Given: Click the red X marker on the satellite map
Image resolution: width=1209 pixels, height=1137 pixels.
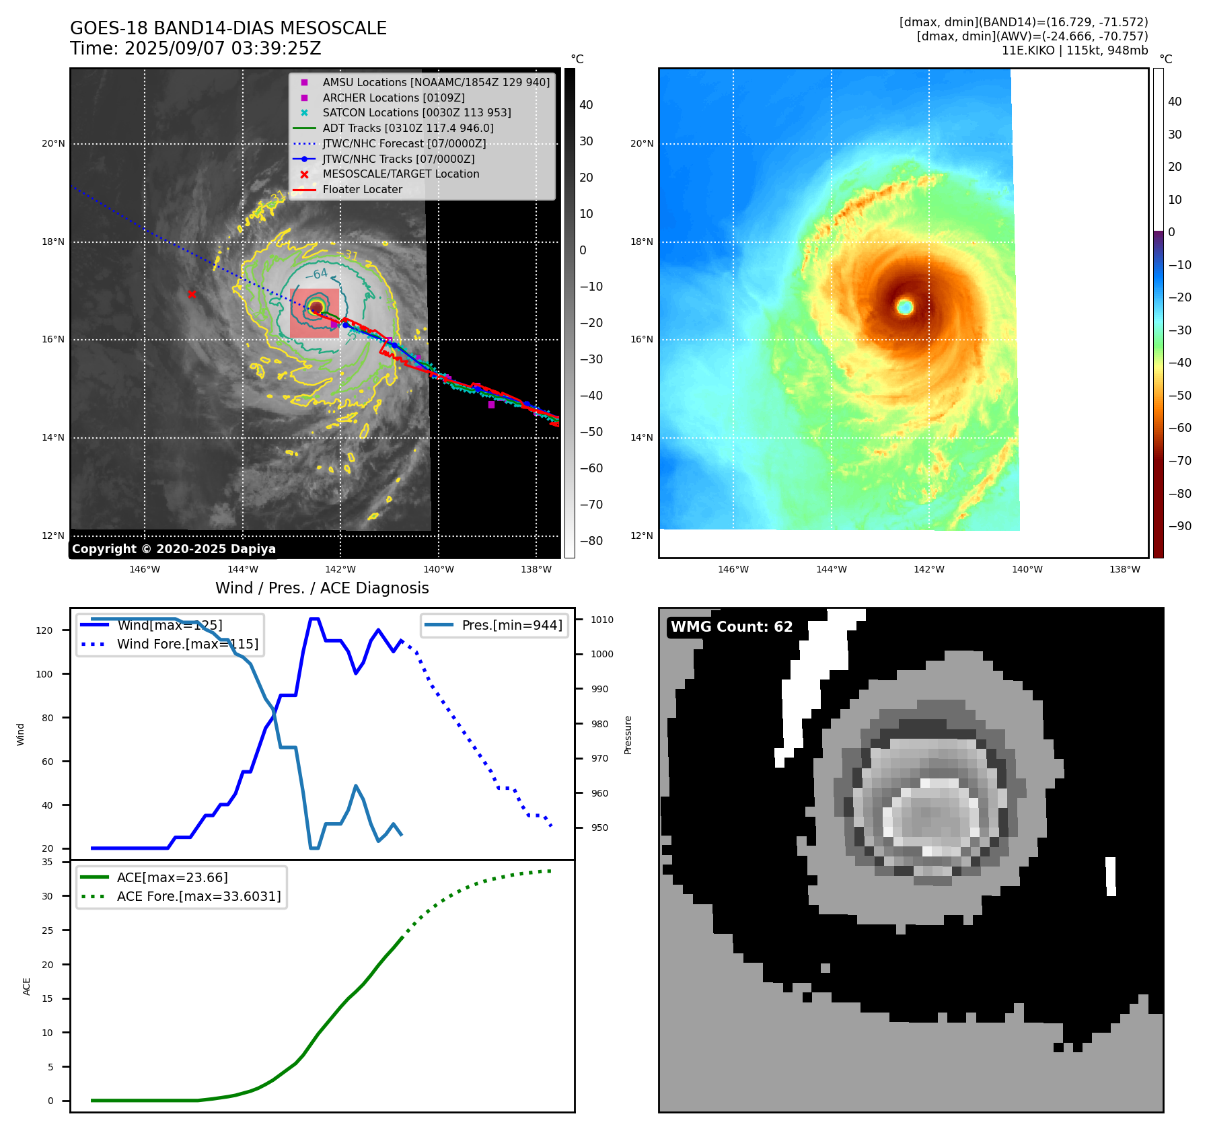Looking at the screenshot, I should click(192, 294).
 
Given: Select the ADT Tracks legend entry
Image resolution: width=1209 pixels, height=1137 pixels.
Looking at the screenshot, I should click(408, 128).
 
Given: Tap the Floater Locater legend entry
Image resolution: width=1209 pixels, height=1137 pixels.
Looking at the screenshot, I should click(362, 189).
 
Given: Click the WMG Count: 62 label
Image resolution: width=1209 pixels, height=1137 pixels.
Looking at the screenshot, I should click(731, 627).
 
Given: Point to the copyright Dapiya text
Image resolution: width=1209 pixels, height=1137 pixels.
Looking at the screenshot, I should click(174, 549).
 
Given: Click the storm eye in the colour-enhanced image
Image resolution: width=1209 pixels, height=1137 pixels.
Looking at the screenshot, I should click(905, 307).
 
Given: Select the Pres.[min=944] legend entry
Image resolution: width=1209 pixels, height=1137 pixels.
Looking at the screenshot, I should click(511, 625).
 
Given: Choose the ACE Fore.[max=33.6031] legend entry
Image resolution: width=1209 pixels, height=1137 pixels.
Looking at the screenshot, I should click(198, 896).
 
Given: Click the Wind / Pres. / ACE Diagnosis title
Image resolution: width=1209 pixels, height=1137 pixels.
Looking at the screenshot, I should click(322, 588).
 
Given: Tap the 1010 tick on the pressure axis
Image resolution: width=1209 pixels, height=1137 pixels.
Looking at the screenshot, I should click(602, 620).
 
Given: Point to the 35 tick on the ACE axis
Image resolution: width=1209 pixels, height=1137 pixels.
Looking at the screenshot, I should click(47, 862).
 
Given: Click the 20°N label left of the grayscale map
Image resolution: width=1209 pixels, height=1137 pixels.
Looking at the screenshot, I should click(53, 143).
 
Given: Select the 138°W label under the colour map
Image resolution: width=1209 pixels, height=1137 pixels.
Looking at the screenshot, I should click(1125, 569).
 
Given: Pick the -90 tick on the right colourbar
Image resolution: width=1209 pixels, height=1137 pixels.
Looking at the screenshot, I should click(1179, 526).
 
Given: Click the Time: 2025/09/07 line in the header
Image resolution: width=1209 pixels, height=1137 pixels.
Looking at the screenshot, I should click(195, 48).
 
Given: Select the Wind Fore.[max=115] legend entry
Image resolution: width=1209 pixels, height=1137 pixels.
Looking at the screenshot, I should click(187, 644).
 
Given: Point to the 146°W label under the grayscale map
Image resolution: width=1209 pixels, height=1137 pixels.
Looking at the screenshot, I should click(145, 569).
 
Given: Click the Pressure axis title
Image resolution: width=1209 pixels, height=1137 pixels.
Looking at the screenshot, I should click(628, 735).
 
